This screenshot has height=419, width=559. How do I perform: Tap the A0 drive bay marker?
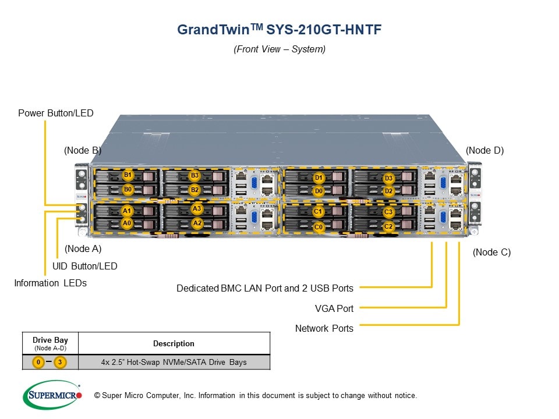[126, 223]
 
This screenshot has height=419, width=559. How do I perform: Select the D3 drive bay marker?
[389, 178]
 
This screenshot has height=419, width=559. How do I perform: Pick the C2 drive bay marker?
[389, 226]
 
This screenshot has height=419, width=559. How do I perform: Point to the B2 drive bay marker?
[195, 190]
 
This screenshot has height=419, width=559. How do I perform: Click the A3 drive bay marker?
[197, 209]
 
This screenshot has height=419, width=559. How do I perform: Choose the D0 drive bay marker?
[319, 191]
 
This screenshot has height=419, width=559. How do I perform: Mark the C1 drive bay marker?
[319, 212]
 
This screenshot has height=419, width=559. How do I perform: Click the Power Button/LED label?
[56, 113]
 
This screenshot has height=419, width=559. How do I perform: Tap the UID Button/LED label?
[85, 266]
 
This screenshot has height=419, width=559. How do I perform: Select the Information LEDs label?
[51, 283]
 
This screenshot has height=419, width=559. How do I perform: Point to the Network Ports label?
[324, 328]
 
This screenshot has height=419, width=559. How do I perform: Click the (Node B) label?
[83, 150]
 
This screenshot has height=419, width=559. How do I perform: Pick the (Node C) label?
[492, 252]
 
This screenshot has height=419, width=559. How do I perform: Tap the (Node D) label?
[485, 150]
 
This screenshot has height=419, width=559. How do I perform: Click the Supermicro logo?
[52, 395]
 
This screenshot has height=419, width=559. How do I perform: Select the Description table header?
[174, 343]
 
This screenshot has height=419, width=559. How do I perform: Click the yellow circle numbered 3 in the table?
[59, 362]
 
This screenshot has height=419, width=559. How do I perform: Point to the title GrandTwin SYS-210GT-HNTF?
[279, 30]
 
